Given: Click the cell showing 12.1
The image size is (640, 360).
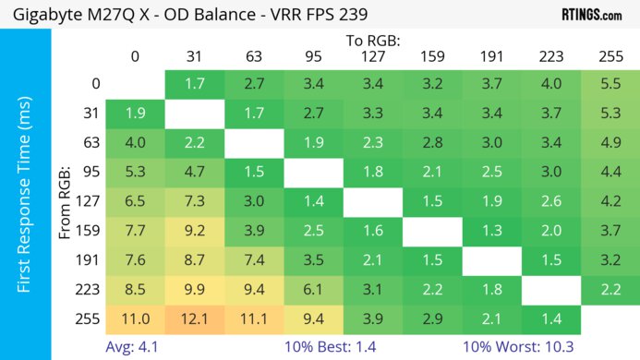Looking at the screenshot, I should [194, 318].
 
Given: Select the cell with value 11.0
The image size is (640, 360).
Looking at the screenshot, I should [135, 318].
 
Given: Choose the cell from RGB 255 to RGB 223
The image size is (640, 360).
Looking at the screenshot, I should [550, 318].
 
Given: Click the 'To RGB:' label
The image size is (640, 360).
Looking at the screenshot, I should [372, 42].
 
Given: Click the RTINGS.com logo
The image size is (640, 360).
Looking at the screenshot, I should [591, 14].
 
